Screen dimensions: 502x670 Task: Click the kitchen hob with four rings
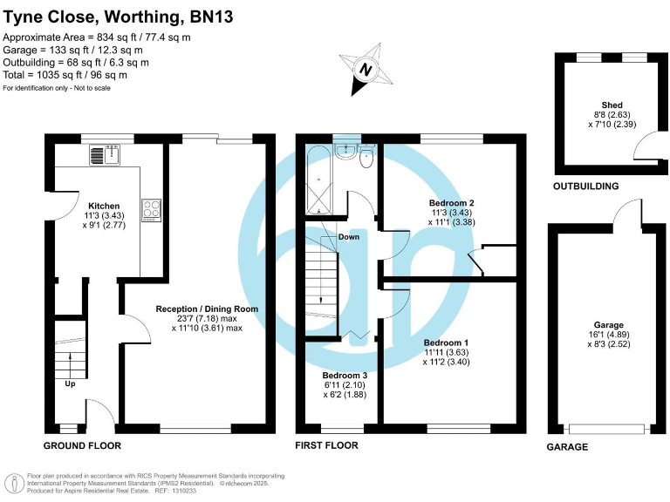coord(149,209)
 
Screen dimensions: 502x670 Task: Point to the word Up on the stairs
coord(69,383)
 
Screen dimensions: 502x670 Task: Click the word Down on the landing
coord(349,237)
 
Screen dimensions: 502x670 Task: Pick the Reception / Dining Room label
coord(207,309)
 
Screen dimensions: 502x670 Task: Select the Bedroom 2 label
coord(451,202)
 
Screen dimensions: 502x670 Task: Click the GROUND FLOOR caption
coord(83,445)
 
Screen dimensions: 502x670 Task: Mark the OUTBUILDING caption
coord(585,187)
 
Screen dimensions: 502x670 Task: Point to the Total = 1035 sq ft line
coord(66,75)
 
